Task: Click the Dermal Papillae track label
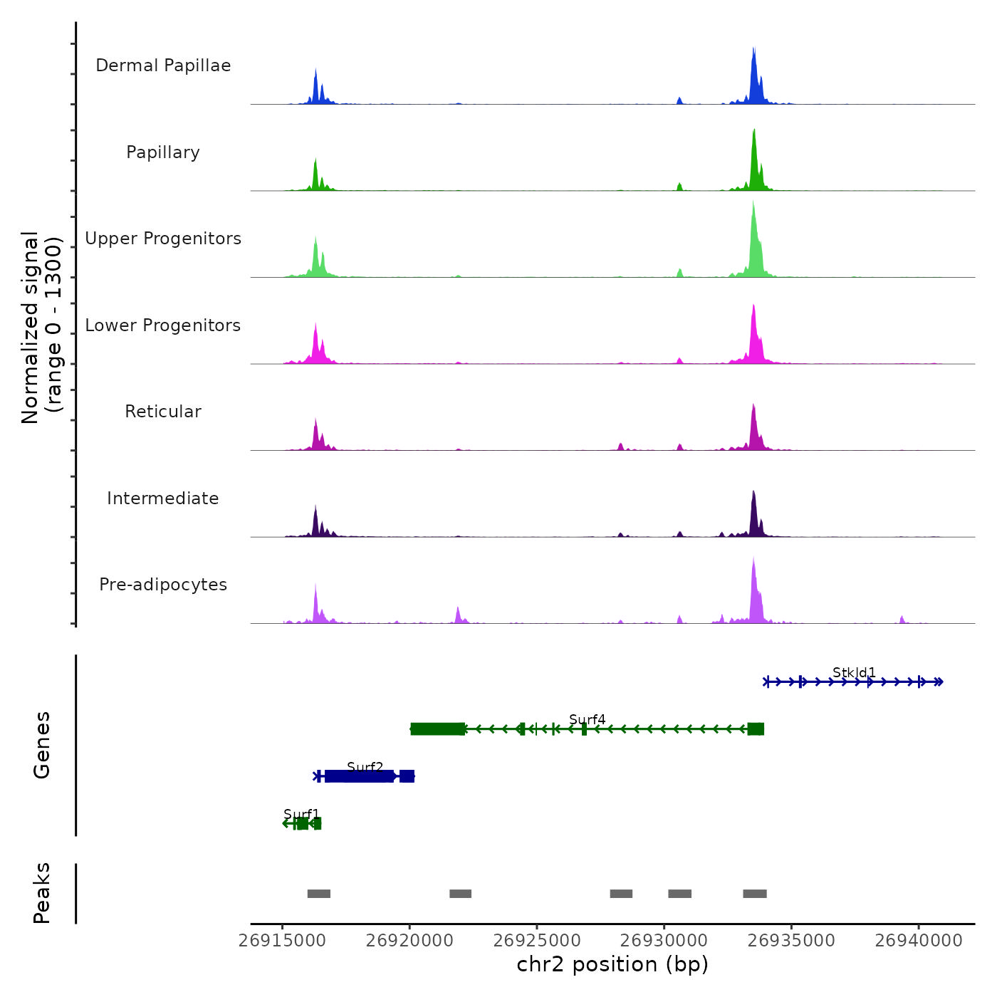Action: [163, 66]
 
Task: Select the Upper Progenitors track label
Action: [163, 239]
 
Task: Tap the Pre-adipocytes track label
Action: [163, 585]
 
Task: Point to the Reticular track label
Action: [163, 412]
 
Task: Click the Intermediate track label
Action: [163, 499]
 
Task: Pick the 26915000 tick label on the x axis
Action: [283, 941]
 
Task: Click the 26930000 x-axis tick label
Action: [664, 941]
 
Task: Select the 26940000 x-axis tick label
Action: [919, 941]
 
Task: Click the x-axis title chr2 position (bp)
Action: [612, 964]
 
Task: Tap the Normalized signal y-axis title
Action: [41, 328]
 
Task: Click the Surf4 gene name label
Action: [588, 719]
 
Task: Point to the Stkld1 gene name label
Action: [854, 672]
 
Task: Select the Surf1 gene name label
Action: [302, 814]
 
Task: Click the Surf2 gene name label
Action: [365, 767]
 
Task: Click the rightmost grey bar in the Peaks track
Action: [755, 894]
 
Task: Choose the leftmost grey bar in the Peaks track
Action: [319, 894]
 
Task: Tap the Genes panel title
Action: [42, 745]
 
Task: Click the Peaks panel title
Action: [42, 893]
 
